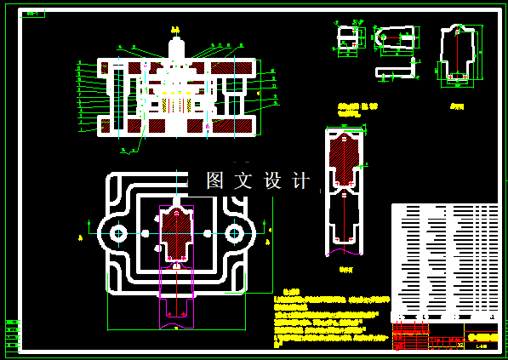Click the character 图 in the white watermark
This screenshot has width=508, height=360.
[x=215, y=180]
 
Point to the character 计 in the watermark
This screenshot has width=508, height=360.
[x=301, y=180]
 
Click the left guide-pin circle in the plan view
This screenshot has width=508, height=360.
[x=117, y=232]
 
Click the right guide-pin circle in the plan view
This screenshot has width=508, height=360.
[x=236, y=232]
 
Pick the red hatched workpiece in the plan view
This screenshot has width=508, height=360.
[x=176, y=233]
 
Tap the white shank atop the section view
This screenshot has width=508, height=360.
[x=176, y=49]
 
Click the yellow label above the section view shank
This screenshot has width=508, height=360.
[x=175, y=30]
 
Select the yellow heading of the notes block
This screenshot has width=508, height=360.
[x=291, y=292]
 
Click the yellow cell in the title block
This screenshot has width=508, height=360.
[x=482, y=337]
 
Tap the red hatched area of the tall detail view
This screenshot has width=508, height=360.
[x=344, y=162]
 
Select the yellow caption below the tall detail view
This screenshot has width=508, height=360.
[x=345, y=270]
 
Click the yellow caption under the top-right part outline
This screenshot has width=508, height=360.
[x=457, y=106]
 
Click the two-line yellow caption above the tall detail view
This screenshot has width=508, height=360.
[x=357, y=109]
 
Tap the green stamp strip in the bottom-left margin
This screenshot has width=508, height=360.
[x=13, y=334]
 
